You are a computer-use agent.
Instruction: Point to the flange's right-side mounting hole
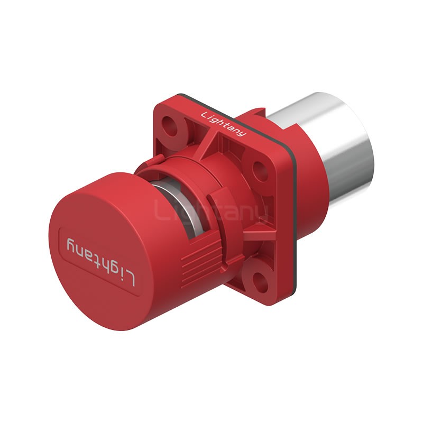(259, 171)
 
